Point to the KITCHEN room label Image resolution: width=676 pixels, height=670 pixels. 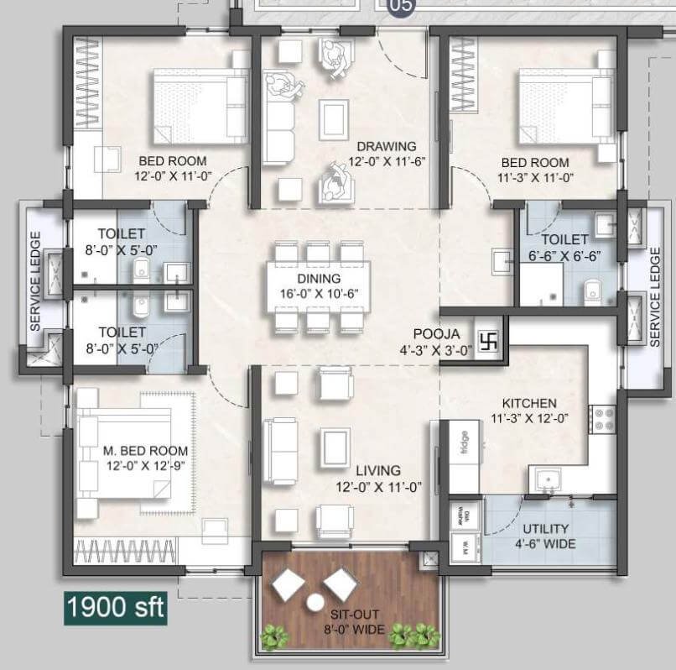529,404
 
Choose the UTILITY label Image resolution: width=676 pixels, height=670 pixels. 546,529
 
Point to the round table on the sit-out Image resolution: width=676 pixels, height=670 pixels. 316,603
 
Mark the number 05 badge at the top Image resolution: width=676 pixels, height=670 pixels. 400,7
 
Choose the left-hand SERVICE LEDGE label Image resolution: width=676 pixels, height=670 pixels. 36,280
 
